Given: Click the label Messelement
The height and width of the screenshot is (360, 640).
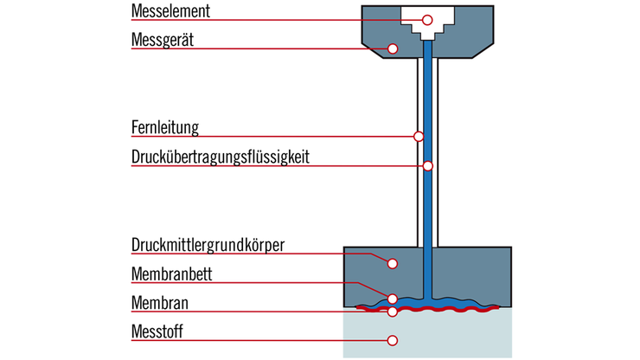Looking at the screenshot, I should click(x=170, y=12).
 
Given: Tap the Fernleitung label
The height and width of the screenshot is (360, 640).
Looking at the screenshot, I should click(x=165, y=128).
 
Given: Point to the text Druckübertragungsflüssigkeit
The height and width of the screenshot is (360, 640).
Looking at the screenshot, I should click(x=221, y=157).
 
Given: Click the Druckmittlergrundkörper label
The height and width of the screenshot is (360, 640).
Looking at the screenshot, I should click(x=208, y=244).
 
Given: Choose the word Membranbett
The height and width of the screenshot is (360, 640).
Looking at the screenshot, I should click(x=172, y=274).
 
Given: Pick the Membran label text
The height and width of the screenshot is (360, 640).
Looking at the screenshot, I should click(x=160, y=303).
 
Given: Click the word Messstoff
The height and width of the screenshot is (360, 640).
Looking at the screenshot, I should click(x=157, y=331).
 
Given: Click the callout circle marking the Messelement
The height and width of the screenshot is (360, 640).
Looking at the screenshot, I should click(x=427, y=20).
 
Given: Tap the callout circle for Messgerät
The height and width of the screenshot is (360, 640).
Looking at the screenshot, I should click(x=393, y=48).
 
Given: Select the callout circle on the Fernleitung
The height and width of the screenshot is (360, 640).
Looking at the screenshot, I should click(x=419, y=136).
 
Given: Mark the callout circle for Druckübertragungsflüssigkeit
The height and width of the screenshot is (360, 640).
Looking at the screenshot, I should click(x=427, y=165).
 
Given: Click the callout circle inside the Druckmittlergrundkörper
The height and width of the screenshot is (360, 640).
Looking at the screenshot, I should click(x=393, y=262).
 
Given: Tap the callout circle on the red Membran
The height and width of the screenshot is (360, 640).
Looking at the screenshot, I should click(x=393, y=311).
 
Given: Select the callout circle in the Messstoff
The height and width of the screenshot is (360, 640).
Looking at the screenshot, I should click(x=393, y=339).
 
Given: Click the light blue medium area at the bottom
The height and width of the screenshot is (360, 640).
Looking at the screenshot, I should click(x=450, y=337).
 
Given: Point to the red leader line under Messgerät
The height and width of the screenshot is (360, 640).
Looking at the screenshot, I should click(x=259, y=48).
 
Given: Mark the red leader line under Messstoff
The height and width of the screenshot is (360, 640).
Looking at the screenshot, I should click(x=259, y=339).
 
